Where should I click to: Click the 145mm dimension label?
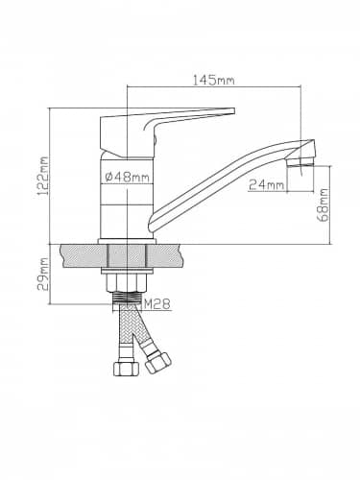(x=213, y=80)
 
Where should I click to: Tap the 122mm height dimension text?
(x=42, y=176)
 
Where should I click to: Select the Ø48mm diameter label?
(x=127, y=177)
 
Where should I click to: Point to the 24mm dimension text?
(x=267, y=185)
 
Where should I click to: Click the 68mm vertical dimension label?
(x=323, y=204)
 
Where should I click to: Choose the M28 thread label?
(x=156, y=304)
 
